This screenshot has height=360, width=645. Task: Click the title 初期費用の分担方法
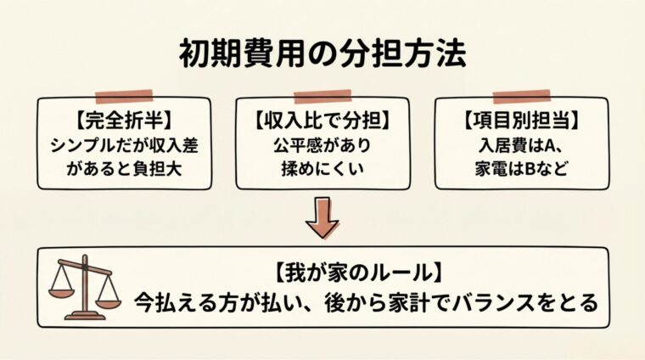tap(322, 53)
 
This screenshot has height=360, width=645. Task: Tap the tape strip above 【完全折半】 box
tap(124, 95)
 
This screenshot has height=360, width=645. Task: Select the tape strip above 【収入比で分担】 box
tap(323, 95)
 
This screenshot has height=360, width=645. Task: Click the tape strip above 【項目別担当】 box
tap(519, 96)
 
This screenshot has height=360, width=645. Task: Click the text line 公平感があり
tap(323, 143)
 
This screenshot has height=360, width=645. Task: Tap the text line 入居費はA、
tap(520, 143)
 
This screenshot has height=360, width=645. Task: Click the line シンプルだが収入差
tap(124, 143)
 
